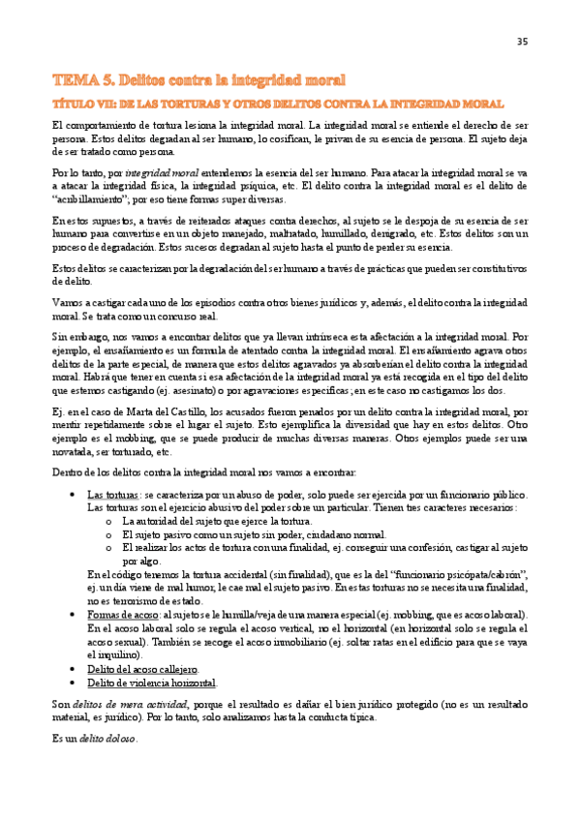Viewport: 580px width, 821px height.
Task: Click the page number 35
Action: pyautogui.click(x=522, y=41)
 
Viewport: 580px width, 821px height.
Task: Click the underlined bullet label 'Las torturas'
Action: pyautogui.click(x=110, y=495)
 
